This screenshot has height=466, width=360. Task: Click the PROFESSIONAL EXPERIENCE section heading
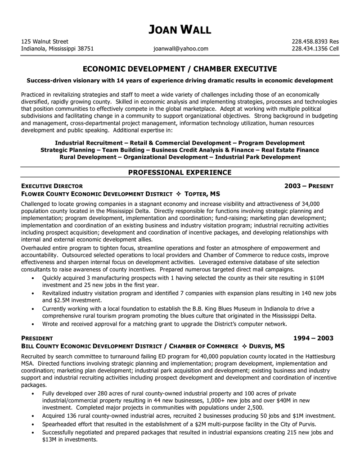point(180,172)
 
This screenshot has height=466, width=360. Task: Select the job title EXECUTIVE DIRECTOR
point(52,185)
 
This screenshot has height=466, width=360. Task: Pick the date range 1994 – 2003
point(314,338)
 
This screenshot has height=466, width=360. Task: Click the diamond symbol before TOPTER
point(179,194)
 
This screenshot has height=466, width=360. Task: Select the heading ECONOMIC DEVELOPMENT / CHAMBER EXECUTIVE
point(180,69)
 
